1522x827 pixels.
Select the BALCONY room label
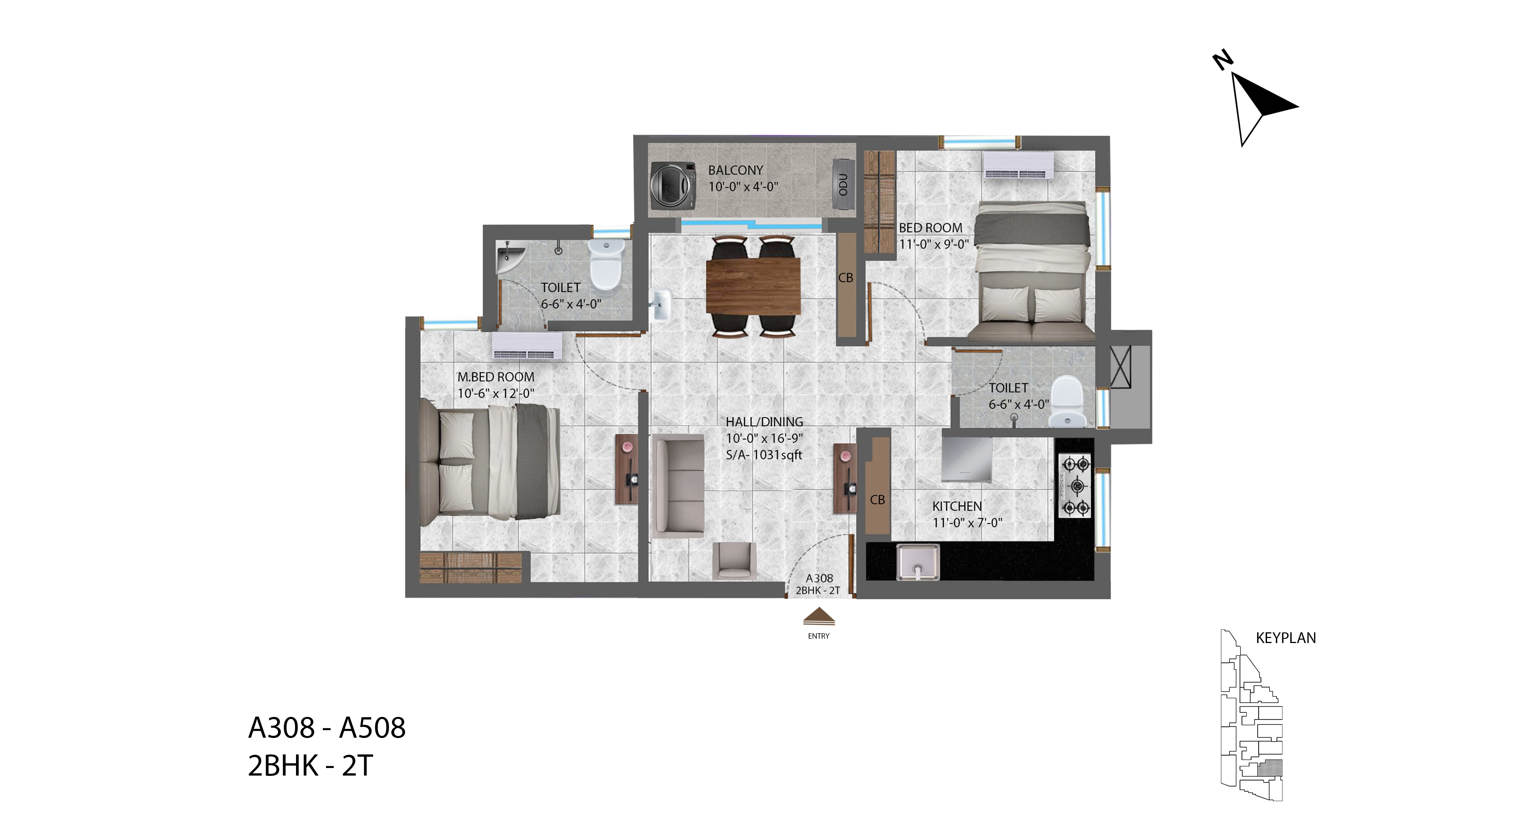736,170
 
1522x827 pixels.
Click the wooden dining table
753,286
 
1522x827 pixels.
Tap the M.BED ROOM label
496,377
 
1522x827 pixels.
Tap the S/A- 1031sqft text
764,455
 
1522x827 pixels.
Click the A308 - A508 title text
327,728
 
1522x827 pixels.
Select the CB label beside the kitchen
877,500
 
